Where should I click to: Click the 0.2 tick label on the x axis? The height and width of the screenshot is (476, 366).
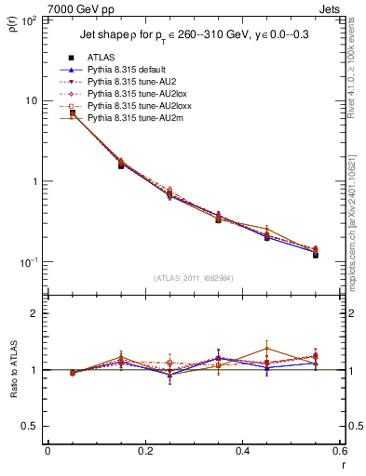coord(144,451)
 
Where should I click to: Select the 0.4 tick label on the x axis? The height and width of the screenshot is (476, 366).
coord(242,451)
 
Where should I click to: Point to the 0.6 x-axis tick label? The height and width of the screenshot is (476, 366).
coord(339,451)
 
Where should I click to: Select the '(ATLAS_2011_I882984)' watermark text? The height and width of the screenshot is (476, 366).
coord(193,278)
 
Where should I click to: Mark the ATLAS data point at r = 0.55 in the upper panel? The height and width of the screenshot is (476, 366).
coord(316,254)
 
